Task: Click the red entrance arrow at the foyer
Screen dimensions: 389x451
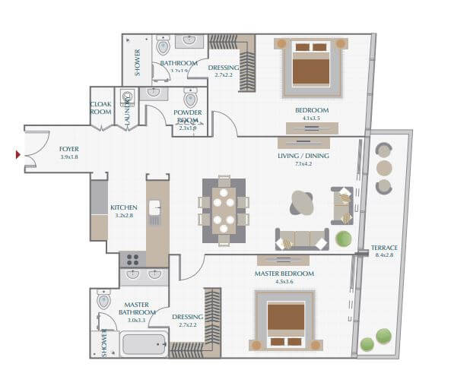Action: (18, 155)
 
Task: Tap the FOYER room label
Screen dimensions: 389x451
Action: (69, 149)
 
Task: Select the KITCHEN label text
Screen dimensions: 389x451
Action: (124, 207)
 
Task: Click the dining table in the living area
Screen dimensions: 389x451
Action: (224, 211)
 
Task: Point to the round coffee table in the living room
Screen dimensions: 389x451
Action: (302, 203)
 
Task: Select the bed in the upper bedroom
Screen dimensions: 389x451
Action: (311, 65)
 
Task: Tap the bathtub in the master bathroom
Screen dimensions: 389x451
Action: (144, 345)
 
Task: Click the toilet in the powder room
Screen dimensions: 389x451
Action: (190, 99)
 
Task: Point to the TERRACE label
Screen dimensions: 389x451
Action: (384, 248)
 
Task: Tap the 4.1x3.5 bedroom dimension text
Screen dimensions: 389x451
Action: (312, 119)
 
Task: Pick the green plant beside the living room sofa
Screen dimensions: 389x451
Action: (344, 239)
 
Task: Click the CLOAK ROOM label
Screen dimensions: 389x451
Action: (101, 108)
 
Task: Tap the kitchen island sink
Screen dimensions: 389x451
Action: (155, 207)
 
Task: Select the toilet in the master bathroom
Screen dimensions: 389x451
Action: (104, 302)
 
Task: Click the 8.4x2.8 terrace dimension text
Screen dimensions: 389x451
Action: (384, 256)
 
